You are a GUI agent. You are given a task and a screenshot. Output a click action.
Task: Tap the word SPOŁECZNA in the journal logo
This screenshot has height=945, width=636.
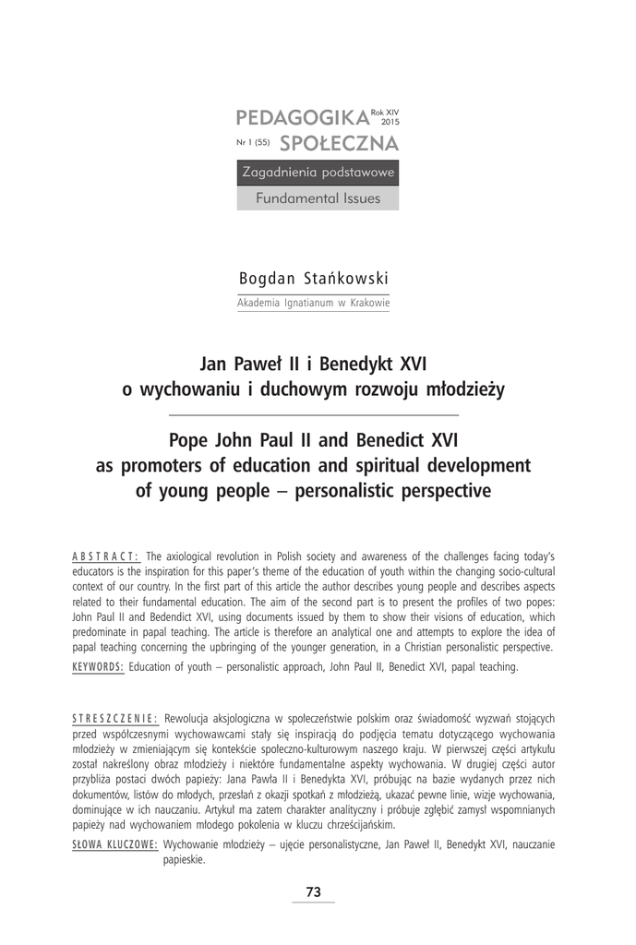click(x=339, y=143)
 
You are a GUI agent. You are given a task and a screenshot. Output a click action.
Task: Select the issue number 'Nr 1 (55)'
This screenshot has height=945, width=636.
click(x=253, y=145)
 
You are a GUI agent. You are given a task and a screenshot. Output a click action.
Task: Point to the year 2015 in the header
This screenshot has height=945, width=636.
click(x=390, y=121)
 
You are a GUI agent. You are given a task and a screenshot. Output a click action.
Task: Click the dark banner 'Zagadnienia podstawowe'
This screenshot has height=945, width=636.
click(x=318, y=173)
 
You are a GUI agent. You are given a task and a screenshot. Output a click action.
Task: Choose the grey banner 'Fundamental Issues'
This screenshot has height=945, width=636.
click(x=318, y=197)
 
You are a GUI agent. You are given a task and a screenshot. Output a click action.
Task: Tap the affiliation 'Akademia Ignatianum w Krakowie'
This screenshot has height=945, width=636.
click(x=314, y=302)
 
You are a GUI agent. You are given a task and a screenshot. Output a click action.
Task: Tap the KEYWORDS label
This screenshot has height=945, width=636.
click(x=98, y=666)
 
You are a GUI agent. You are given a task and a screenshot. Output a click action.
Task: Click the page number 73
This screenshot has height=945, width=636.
click(x=313, y=891)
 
